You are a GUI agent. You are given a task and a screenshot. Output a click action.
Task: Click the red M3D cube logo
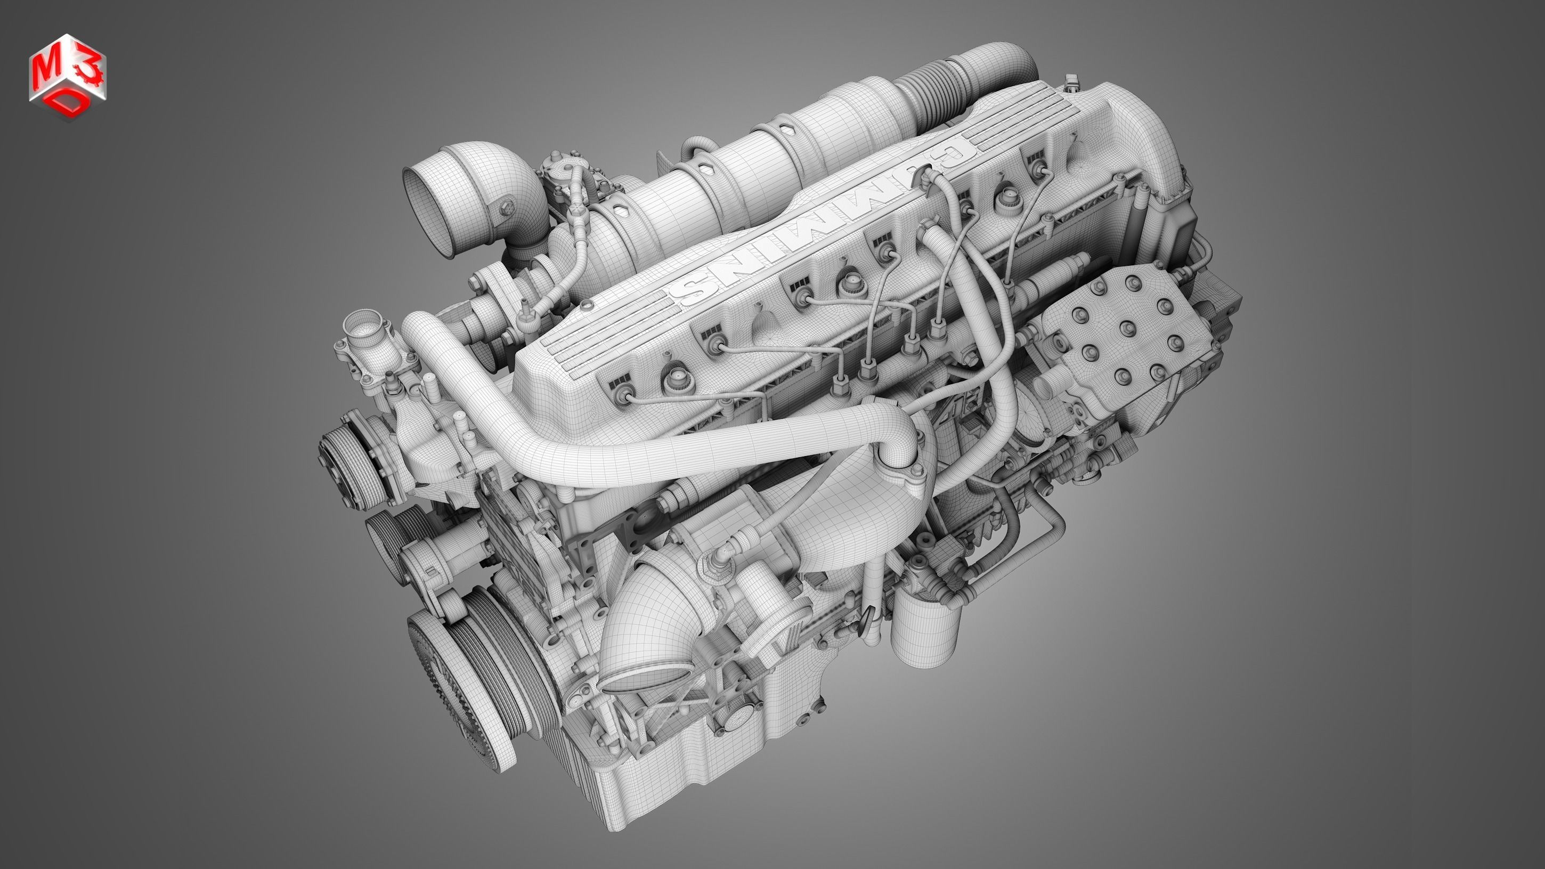(x=67, y=76)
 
